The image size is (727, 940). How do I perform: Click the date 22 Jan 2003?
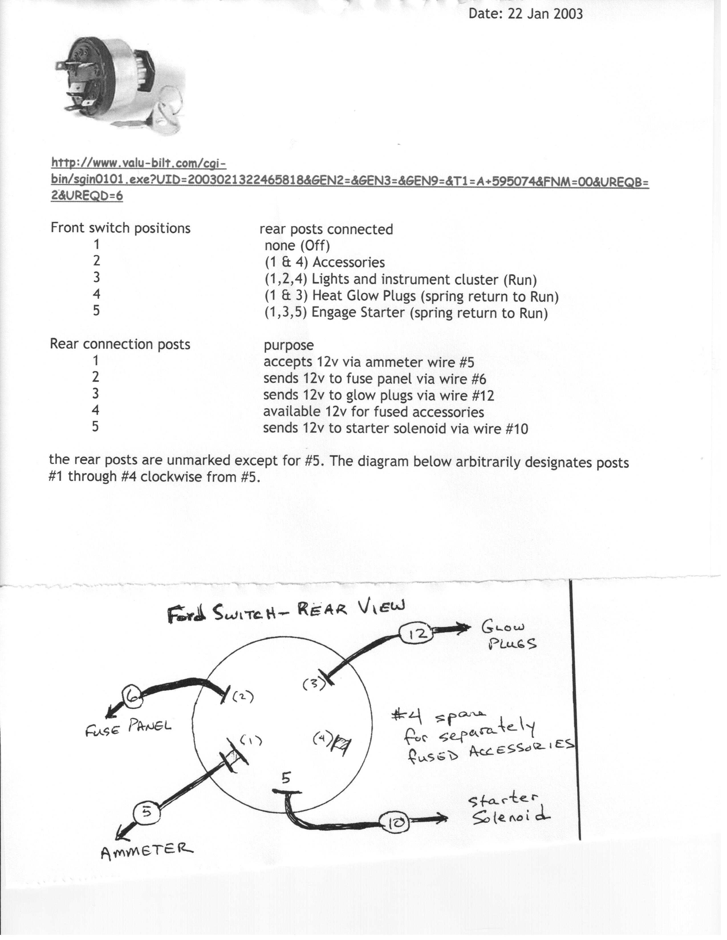[525, 14]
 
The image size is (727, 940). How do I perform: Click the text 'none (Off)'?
[297, 246]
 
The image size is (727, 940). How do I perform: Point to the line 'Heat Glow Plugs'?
[411, 296]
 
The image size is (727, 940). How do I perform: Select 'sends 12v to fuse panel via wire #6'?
[375, 379]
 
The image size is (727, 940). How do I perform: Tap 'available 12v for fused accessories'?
[373, 412]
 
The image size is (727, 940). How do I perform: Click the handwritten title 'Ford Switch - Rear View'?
[287, 612]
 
